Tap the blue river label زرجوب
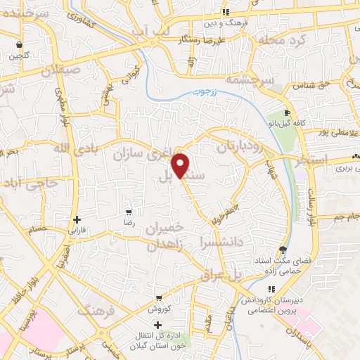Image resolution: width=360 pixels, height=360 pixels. (208, 91)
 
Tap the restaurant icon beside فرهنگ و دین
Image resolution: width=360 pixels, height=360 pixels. (226, 12)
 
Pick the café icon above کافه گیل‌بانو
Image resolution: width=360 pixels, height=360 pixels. (286, 113)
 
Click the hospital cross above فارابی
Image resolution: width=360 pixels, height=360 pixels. (77, 219)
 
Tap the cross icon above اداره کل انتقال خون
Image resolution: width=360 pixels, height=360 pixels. (157, 325)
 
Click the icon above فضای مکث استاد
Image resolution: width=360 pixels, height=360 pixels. (283, 250)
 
